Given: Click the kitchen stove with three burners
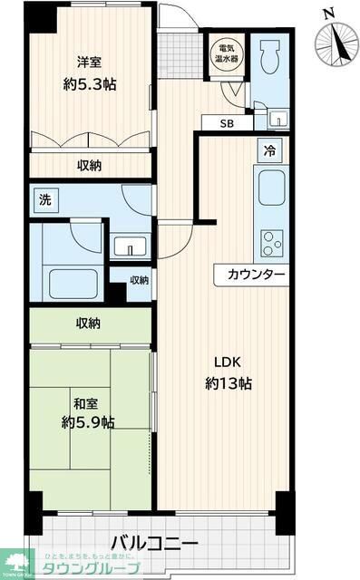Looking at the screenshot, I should (271, 242).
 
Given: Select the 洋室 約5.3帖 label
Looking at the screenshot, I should (89, 73).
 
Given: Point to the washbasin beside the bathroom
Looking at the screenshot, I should (131, 246).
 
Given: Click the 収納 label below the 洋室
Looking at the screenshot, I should (88, 165).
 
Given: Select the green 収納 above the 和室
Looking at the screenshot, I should (88, 323).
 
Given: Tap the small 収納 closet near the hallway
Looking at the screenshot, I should (138, 280).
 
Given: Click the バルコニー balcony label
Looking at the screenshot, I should (154, 543).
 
